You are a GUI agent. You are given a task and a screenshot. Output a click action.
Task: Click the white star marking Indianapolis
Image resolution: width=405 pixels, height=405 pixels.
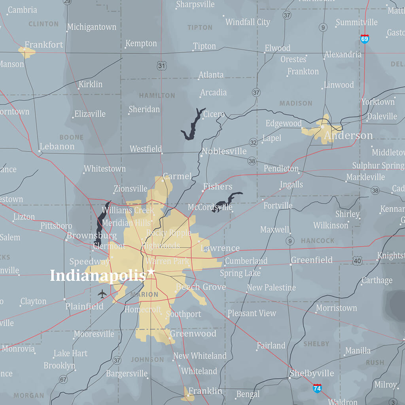tap(151, 272)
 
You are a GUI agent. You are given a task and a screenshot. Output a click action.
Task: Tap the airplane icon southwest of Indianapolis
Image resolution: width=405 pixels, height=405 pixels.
tap(102, 294)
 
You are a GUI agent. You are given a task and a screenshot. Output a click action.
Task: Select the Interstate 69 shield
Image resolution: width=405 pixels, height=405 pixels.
tap(365, 38)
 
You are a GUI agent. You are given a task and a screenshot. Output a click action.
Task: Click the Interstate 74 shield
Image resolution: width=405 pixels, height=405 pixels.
tap(317, 388)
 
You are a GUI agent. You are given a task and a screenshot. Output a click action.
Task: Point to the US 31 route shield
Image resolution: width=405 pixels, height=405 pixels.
tap(161, 66)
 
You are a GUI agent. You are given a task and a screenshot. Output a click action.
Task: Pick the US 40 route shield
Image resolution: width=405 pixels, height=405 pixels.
tap(358, 260)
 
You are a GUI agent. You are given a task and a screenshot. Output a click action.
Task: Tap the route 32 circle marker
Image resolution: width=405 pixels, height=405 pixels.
tap(253, 142)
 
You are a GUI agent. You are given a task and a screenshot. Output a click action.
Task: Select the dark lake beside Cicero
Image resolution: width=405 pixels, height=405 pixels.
tap(192, 124)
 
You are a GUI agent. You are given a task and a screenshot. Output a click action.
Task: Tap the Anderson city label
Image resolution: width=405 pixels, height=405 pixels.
tap(348, 136)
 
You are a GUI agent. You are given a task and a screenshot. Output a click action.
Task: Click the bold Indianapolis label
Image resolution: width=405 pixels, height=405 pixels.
tap(97, 275)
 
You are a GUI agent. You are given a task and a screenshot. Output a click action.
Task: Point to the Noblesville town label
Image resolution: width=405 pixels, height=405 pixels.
tap(224, 151)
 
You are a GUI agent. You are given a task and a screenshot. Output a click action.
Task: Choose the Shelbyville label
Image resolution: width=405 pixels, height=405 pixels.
tap(312, 373)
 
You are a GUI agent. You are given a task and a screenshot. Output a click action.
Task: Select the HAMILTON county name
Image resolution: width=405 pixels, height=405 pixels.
tap(157, 95)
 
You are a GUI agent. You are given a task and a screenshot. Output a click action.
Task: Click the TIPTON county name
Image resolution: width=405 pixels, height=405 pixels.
tap(200, 27)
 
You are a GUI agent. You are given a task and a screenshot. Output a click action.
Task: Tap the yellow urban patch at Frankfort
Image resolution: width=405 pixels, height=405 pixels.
tap(26, 52)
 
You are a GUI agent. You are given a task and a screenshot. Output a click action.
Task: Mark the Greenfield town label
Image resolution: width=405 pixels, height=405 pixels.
tap(312, 260)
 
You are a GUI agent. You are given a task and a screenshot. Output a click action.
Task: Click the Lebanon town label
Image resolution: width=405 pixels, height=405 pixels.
tap(57, 146)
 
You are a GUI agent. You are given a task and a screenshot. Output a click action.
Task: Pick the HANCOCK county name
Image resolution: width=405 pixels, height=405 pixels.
tap(318, 240)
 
